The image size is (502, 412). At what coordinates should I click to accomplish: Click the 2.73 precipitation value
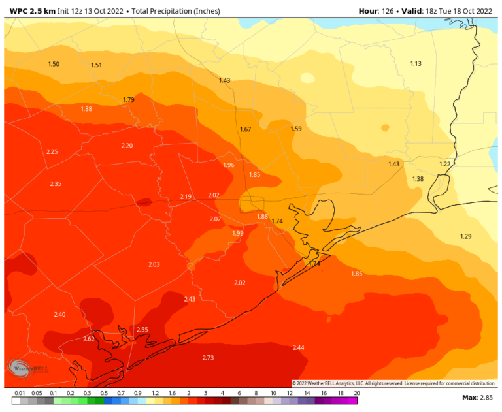pyautogui.click(x=209, y=358)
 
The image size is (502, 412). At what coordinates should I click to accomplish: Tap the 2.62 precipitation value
pyautogui.click(x=89, y=340)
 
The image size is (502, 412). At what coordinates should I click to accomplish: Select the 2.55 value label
pyautogui.click(x=142, y=330)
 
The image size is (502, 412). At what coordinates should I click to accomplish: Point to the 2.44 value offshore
pyautogui.click(x=298, y=347)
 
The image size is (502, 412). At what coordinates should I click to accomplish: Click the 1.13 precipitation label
pyautogui.click(x=416, y=63)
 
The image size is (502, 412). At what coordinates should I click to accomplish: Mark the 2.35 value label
pyautogui.click(x=56, y=184)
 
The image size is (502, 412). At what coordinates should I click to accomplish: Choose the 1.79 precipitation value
pyautogui.click(x=129, y=100)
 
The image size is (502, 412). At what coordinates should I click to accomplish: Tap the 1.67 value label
pyautogui.click(x=246, y=129)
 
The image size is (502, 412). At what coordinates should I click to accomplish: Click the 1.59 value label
pyautogui.click(x=296, y=129)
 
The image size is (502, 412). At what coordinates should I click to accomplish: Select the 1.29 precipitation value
pyautogui.click(x=466, y=236)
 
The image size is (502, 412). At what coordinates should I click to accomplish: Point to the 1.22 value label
pyautogui.click(x=445, y=164)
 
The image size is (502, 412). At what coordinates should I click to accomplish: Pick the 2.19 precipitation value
pyautogui.click(x=186, y=197)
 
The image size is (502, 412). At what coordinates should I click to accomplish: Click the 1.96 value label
pyautogui.click(x=229, y=165)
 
